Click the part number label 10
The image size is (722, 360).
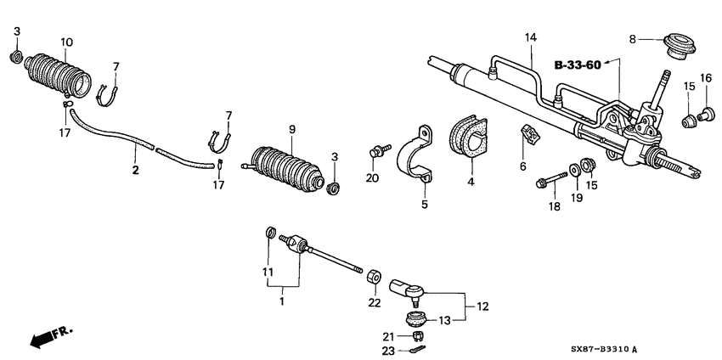67,42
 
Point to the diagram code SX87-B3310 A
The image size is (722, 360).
652,349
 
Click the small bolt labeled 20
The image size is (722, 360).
375,152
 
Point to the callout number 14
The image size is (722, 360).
531,37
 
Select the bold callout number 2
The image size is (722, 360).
135,170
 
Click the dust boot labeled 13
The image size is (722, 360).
415,321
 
